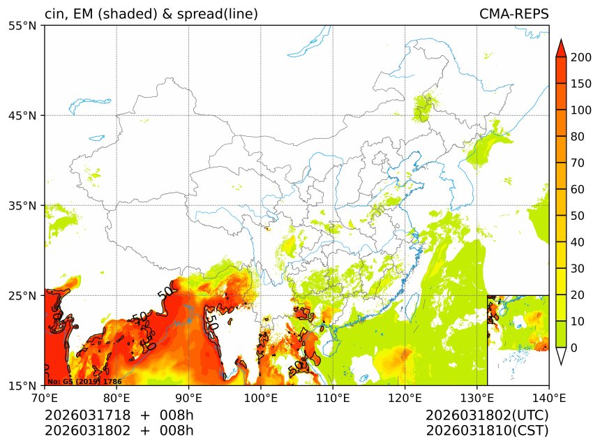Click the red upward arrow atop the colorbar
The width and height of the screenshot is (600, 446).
(x=561, y=47)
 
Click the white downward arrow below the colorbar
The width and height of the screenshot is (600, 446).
(x=561, y=357)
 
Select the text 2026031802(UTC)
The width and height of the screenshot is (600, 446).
(x=487, y=415)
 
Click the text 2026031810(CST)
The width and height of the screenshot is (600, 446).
(x=487, y=431)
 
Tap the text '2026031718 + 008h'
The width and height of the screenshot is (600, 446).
(x=119, y=415)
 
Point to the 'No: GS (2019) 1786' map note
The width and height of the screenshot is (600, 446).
(x=84, y=382)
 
